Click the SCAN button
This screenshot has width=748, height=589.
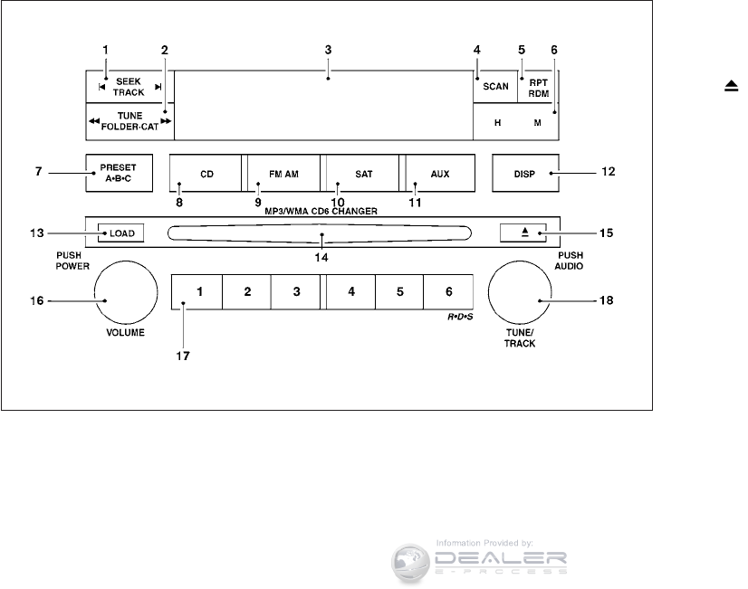pyautogui.click(x=495, y=87)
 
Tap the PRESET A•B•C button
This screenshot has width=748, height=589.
pyautogui.click(x=120, y=173)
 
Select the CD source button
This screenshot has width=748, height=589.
pyautogui.click(x=206, y=174)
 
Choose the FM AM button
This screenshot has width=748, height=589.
pyautogui.click(x=283, y=174)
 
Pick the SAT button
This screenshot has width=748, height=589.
pyautogui.click(x=362, y=174)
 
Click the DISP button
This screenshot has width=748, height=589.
pyautogui.click(x=525, y=174)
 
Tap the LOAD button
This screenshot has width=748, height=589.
pyautogui.click(x=120, y=233)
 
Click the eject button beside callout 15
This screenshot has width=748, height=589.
pyautogui.click(x=523, y=233)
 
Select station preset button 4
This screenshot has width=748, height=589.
pyautogui.click(x=351, y=291)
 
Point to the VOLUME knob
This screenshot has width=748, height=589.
pyautogui.click(x=126, y=292)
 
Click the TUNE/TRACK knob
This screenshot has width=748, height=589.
pyautogui.click(x=520, y=292)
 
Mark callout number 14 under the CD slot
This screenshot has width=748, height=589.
pyautogui.click(x=321, y=258)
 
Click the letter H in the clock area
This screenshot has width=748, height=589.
pyautogui.click(x=497, y=123)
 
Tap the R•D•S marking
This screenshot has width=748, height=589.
pyautogui.click(x=460, y=317)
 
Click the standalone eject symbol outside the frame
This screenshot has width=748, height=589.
pyautogui.click(x=732, y=86)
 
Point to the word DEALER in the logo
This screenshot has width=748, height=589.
pyautogui.click(x=501, y=558)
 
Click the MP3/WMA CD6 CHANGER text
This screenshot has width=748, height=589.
pyautogui.click(x=321, y=211)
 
